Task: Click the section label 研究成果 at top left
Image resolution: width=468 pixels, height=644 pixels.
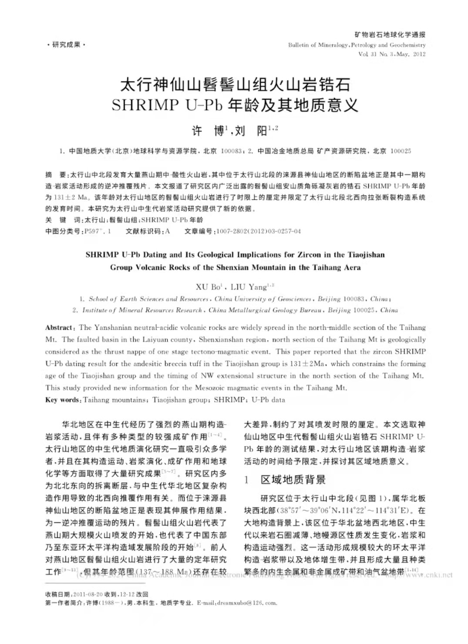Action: pos(66,44)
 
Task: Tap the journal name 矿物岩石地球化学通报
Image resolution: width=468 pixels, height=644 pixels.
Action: pos(390,35)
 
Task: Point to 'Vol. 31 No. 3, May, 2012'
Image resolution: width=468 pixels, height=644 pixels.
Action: pos(391,55)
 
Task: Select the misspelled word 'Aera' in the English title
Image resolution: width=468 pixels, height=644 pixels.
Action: pos(352,267)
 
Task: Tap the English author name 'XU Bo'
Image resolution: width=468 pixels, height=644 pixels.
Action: pos(208,287)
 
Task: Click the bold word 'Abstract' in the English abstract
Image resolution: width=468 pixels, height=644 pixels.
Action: pos(59,328)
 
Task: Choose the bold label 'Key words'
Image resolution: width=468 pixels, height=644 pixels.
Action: pos(62,400)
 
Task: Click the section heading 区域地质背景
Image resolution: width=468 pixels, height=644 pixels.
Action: pos(293,480)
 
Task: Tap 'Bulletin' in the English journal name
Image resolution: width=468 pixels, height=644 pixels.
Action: pos(299,45)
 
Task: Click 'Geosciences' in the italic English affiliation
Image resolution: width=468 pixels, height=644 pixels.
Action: pos(294,299)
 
